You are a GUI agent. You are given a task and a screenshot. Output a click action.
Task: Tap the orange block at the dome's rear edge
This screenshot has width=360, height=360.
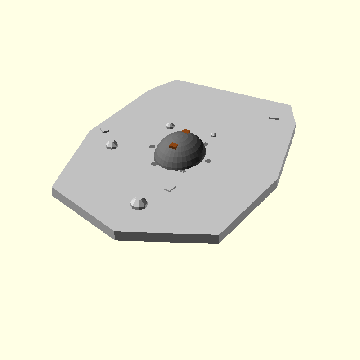click(186, 131)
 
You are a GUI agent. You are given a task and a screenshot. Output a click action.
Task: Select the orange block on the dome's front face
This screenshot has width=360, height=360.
click(174, 145)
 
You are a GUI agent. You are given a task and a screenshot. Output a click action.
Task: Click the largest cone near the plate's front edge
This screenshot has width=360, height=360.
click(139, 203)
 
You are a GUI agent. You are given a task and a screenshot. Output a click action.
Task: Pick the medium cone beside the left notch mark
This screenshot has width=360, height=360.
click(112, 144)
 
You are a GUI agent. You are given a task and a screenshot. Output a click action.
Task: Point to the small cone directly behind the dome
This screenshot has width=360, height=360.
click(170, 125)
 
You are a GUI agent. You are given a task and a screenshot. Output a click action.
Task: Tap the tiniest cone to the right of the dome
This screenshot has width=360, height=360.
click(213, 134)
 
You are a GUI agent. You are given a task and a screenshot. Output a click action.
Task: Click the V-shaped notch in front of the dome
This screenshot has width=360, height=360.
click(170, 188)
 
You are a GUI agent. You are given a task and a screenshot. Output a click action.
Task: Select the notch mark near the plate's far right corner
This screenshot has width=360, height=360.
click(274, 118)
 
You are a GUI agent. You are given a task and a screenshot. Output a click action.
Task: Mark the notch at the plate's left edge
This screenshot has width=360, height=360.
click(104, 130)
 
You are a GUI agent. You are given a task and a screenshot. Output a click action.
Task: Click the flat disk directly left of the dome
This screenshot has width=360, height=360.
click(152, 146)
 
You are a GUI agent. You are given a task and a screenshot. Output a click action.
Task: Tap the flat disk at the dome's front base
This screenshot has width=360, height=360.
click(183, 171)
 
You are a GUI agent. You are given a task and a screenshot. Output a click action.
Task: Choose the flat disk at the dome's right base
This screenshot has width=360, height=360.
click(208, 161)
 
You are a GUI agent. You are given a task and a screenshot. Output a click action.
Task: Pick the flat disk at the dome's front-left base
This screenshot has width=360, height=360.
click(154, 163)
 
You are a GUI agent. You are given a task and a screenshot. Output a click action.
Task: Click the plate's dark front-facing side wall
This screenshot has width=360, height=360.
click(166, 237)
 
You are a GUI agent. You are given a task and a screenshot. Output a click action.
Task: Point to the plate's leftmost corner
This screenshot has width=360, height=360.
click(52, 189)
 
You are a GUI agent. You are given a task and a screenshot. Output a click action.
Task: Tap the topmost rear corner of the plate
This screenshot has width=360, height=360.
click(176, 80)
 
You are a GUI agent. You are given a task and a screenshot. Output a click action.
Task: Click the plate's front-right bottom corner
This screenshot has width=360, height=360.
click(219, 243)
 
